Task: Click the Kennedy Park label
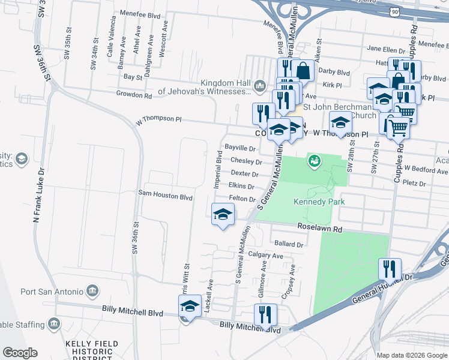319,202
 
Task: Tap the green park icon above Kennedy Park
313,160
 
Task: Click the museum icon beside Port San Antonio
92,291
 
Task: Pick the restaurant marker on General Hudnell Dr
390,268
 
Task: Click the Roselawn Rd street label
320,229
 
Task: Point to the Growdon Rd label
134,95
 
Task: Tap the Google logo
20,353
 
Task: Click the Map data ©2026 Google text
412,355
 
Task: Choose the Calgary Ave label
265,255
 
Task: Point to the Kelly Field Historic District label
92,351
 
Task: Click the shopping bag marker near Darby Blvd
304,71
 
